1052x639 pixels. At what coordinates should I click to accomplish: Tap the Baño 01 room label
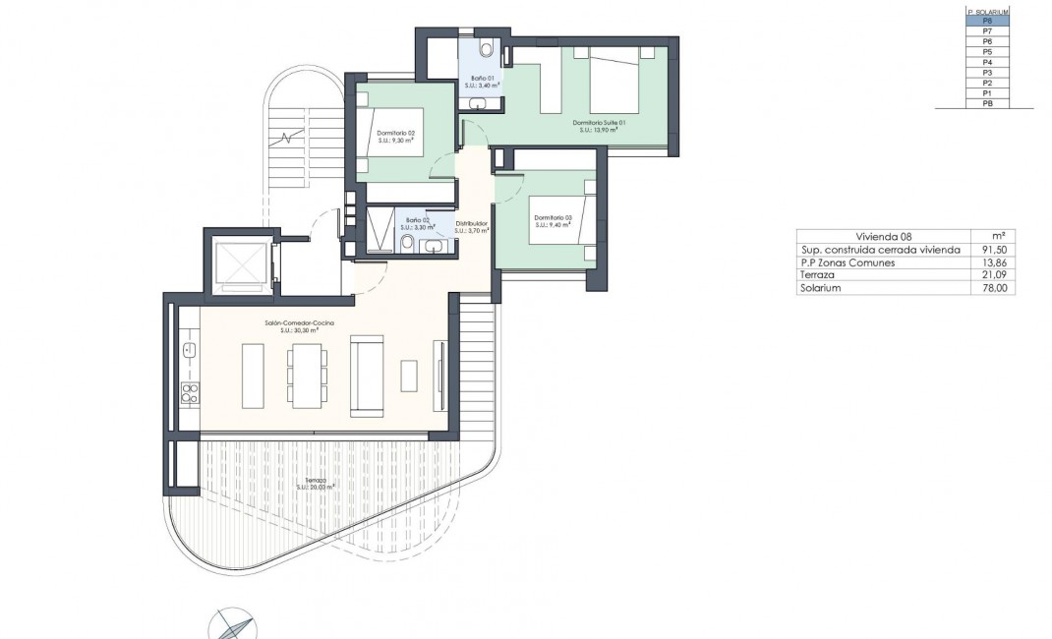[483, 81]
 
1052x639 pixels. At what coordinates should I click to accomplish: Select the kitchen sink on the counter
[189, 349]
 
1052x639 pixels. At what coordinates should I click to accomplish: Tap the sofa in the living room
[369, 375]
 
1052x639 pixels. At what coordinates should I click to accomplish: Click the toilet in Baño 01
[485, 49]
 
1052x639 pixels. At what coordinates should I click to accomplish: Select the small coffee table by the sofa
[408, 376]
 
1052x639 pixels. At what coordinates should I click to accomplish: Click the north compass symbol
[233, 623]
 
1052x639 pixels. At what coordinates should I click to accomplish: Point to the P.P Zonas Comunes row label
[847, 262]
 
